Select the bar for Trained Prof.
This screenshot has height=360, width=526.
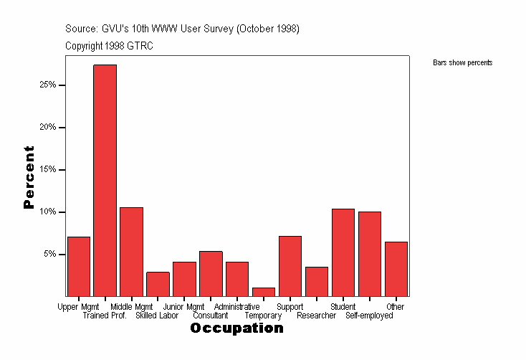pos(105,180)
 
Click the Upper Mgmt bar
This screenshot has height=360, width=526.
pos(79,266)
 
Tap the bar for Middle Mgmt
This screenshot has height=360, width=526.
pos(131,251)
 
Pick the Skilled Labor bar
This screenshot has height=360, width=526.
pos(158,284)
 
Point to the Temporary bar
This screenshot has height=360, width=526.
pos(264,292)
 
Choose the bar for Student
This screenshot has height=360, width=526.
pos(343,252)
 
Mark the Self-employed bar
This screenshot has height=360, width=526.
pos(370,253)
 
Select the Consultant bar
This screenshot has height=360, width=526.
pos(211,273)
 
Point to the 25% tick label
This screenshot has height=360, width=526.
pos(49,85)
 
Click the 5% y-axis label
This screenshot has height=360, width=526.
pos(51,255)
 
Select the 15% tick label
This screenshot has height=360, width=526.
pos(49,170)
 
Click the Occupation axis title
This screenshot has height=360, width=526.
pos(236,328)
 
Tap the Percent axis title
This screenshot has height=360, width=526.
pos(29,177)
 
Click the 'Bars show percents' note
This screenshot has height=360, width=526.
pos(462,63)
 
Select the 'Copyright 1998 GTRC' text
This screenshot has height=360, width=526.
pos(109,46)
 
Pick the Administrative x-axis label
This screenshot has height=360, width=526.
pos(237,307)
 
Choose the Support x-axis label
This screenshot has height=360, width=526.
pos(290,307)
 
